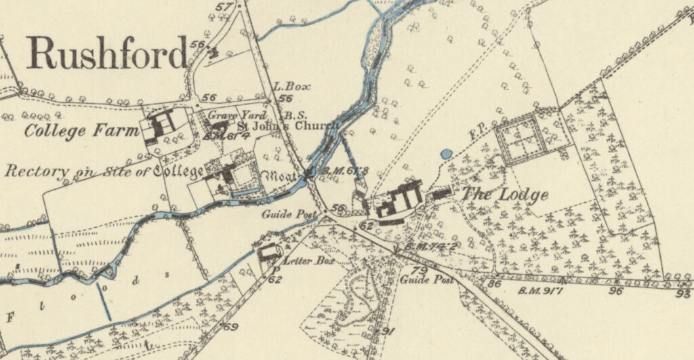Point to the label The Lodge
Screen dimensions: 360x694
coord(506,195)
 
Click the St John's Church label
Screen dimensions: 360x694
coord(287,125)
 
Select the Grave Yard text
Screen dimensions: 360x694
coord(228,115)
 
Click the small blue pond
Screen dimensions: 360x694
coord(445,155)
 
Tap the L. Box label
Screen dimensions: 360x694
coord(287,87)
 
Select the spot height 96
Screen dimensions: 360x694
coord(615,291)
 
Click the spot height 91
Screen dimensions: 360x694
coord(388,331)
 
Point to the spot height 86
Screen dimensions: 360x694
coord(494,284)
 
